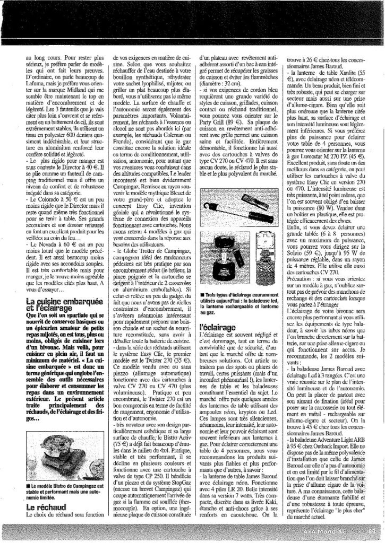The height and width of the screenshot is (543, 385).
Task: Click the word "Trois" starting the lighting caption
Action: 209,294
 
